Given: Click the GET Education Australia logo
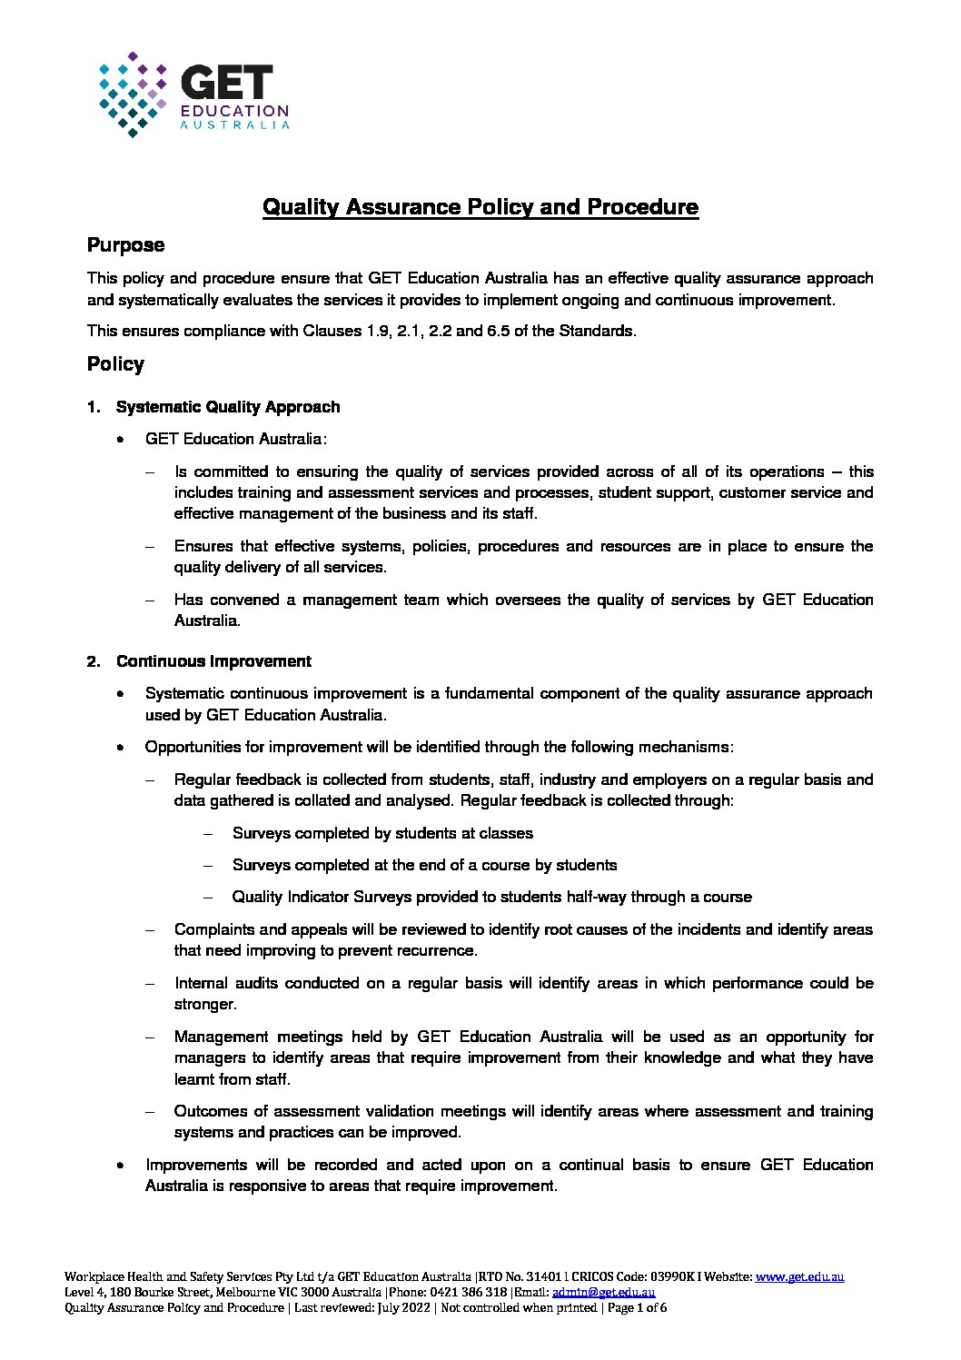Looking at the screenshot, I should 193,94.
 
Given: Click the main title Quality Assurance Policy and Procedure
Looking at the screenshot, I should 480,206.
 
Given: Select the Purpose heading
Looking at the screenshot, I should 125,245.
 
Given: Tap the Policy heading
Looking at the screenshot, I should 115,364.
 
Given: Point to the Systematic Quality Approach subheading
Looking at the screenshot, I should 228,407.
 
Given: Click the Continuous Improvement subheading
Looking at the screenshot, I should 213,661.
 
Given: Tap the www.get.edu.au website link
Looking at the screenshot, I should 799,1276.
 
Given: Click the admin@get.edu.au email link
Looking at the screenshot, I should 603,1292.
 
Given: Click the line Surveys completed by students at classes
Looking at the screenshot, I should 382,833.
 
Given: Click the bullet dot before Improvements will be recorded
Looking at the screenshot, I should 120,1165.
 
